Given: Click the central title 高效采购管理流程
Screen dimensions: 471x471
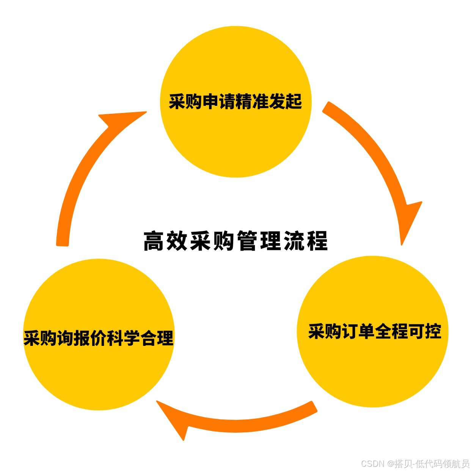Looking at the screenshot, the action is (x=235, y=241).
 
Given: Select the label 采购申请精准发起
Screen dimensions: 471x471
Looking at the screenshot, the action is (x=235, y=101).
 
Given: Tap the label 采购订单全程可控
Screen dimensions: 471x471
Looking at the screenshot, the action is (x=375, y=331).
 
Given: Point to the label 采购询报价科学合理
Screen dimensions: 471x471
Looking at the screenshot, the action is (x=99, y=338).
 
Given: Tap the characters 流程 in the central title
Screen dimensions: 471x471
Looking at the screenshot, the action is (x=306, y=241).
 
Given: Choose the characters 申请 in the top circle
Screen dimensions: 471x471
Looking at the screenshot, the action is (x=219, y=101).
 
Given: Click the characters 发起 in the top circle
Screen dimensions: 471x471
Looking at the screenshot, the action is (x=286, y=101).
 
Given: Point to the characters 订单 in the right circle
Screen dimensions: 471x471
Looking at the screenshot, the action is (x=358, y=331).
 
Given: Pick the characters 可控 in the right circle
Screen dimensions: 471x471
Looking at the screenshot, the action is (x=425, y=331).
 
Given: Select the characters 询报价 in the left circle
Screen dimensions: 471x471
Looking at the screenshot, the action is (x=82, y=338).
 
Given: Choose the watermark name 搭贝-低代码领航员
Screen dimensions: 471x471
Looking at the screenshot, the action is (x=432, y=463).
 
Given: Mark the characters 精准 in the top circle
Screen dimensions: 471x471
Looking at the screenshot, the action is (x=252, y=101).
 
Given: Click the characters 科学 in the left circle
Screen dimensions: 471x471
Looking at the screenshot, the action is (x=124, y=338).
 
